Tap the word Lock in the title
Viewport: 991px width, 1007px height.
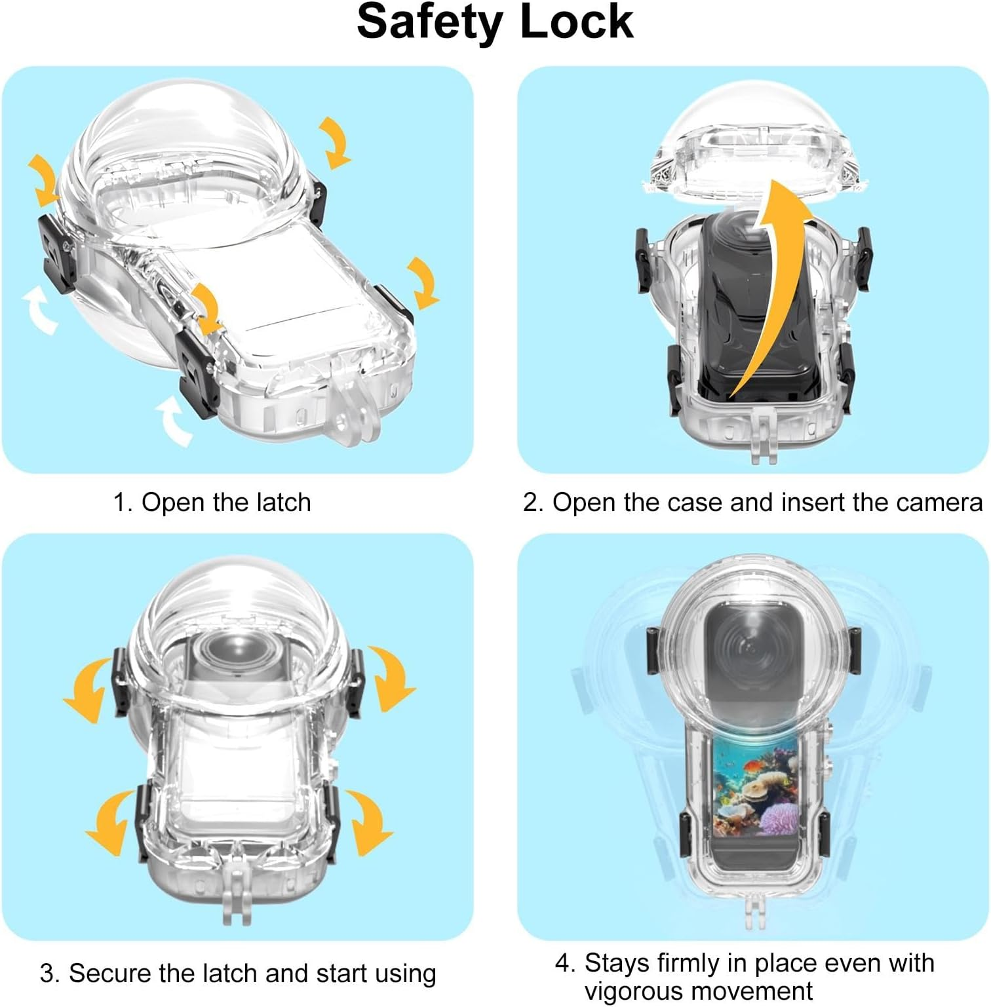click(x=576, y=22)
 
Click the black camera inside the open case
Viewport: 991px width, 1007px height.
click(x=754, y=308)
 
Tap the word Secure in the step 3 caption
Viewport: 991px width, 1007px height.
click(x=109, y=974)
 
